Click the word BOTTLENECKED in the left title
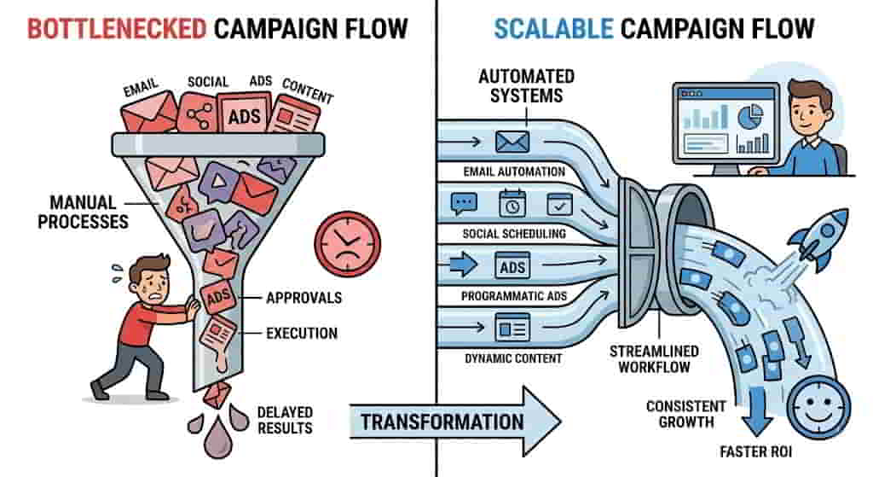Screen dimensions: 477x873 point(117,29)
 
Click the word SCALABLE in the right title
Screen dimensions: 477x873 point(553,29)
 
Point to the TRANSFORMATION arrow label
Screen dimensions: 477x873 point(442,422)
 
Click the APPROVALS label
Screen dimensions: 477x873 point(304,298)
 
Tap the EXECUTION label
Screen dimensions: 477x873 point(302,333)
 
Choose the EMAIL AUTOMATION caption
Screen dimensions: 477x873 point(514,172)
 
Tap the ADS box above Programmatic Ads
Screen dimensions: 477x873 point(512,267)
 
